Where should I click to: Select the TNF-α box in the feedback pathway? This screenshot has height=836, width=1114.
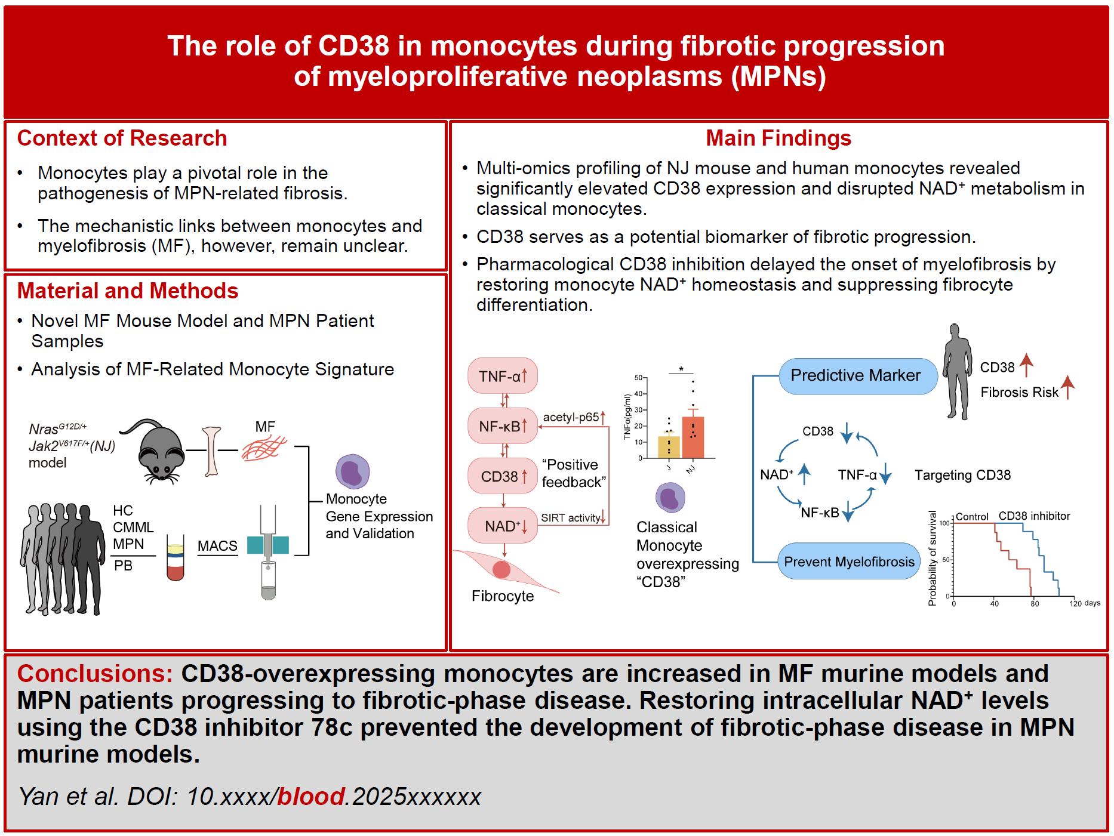tap(503, 376)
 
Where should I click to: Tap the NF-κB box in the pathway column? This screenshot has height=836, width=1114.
tap(503, 426)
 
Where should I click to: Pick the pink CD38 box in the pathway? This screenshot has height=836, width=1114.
tap(503, 476)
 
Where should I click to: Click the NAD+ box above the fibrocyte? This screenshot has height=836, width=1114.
tap(503, 526)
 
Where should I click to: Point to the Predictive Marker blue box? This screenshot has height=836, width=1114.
tap(855, 375)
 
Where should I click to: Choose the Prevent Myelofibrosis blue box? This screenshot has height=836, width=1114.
tap(848, 562)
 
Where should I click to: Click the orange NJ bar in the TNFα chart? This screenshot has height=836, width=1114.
tap(693, 437)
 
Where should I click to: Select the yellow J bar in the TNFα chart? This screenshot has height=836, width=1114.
tap(669, 446)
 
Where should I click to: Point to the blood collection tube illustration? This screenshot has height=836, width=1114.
tap(175, 555)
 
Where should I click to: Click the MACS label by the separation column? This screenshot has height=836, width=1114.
tap(217, 545)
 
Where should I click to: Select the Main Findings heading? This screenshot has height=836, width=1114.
tap(778, 138)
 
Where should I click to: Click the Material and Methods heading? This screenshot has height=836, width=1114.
tap(128, 291)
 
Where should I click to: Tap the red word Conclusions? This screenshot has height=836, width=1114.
tap(95, 673)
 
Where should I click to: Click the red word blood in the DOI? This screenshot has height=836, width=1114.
tap(311, 797)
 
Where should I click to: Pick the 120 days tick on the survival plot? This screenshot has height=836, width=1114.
tap(1075, 604)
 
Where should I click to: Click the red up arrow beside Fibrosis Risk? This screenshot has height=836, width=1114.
tap(1068, 387)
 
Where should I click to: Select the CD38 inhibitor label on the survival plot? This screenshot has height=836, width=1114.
tap(1034, 516)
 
